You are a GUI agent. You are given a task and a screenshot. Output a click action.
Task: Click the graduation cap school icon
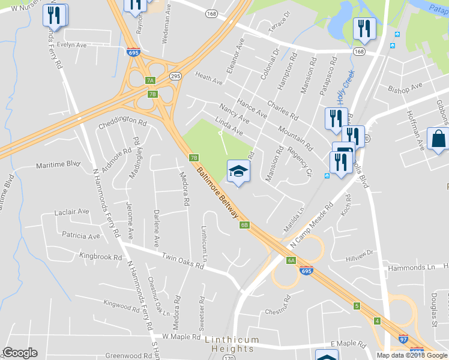point(238,172)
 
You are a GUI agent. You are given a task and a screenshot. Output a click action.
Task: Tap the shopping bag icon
point(438,139)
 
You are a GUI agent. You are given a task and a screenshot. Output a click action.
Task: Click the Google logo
point(20,353)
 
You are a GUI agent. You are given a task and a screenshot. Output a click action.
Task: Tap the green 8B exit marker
point(244,225)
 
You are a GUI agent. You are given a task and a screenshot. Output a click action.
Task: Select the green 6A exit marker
point(291,260)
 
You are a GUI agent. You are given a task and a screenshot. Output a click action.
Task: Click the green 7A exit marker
point(150,80)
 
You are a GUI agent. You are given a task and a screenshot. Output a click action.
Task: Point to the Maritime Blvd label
point(58,164)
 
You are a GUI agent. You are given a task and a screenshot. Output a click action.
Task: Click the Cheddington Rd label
point(122,125)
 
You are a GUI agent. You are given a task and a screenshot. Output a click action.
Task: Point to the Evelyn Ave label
point(72,44)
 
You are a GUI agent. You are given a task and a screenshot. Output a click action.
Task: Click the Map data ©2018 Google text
point(412,355)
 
